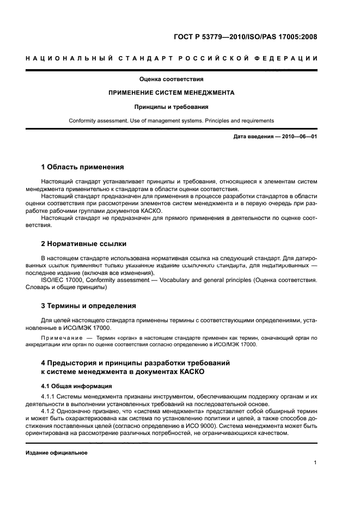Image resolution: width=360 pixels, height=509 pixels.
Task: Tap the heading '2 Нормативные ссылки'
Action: pos(84,243)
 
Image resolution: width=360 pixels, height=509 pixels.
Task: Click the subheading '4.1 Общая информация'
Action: pos(73,386)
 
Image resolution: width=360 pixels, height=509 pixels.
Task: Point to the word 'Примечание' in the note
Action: pos(59,338)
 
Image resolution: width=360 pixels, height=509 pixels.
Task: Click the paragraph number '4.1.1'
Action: pos(48,396)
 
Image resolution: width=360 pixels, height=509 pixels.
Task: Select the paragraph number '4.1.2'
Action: pos(48,412)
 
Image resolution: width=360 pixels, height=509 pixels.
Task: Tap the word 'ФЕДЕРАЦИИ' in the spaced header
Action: pos(285,58)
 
